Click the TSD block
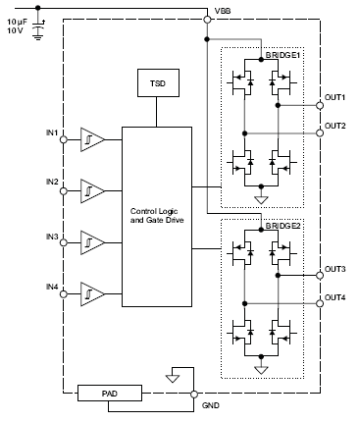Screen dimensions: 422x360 click(x=156, y=84)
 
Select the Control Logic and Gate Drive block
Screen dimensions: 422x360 click(x=156, y=216)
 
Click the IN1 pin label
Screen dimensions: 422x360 click(x=52, y=132)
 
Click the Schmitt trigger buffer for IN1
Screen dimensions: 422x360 click(x=91, y=140)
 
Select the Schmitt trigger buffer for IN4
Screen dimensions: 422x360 click(x=91, y=293)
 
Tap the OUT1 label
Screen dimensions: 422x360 click(x=335, y=98)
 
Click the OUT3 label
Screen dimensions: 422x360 click(x=335, y=268)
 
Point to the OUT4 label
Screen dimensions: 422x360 click(x=335, y=296)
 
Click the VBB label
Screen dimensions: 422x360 click(x=223, y=13)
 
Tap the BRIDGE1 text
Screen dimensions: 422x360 click(x=282, y=57)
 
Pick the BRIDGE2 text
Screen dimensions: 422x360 click(x=282, y=227)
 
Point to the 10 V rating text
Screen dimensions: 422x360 click(x=15, y=30)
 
